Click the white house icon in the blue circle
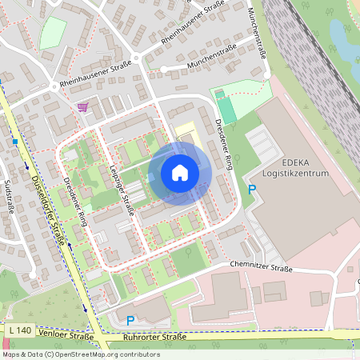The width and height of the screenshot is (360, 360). [x=180, y=172]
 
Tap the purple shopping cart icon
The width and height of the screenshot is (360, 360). [x=82, y=106]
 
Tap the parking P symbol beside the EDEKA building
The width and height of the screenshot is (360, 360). [x=252, y=190]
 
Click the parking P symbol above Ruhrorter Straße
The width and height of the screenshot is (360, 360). [x=131, y=320]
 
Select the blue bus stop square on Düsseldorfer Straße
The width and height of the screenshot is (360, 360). [x=15, y=142]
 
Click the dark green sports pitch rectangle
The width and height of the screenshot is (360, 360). [x=226, y=107]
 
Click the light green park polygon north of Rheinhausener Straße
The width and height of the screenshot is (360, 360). [x=52, y=32]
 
